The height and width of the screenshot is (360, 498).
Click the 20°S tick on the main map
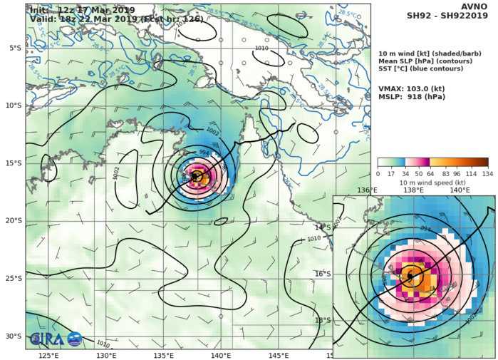[x=14, y=220]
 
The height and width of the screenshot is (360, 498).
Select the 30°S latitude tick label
[x=14, y=336]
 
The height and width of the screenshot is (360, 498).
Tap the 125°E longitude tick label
[x=48, y=355]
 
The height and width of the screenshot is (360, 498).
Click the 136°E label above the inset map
[x=368, y=190]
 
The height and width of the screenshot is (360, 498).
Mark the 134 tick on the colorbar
[x=488, y=173]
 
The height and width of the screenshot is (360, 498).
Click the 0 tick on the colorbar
[x=378, y=173]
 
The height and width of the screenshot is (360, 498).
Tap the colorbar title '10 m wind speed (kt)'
[x=432, y=182]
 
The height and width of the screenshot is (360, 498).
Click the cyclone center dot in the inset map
[x=410, y=276]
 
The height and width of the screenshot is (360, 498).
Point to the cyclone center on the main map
[x=197, y=175]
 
